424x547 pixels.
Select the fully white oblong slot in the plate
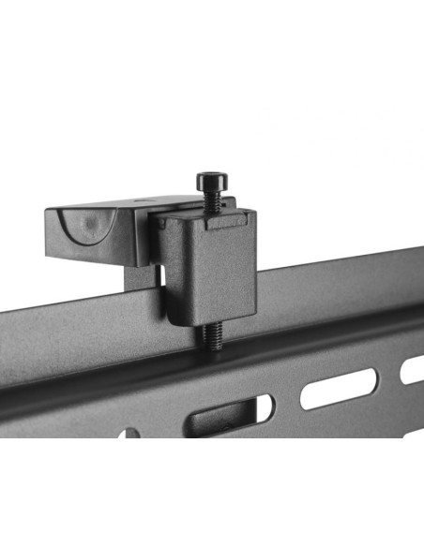click(339, 388)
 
